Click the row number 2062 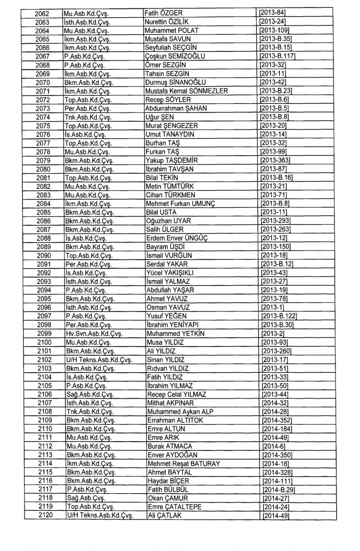click(x=42, y=13)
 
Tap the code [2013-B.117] click(x=277, y=56)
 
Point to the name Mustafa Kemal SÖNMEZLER click(x=186, y=91)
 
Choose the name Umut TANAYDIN click(x=170, y=134)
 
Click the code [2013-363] click(x=275, y=160)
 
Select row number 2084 click(x=44, y=204)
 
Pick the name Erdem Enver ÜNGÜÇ click(x=177, y=238)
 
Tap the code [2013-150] click(x=275, y=247)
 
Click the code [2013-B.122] click(x=279, y=316)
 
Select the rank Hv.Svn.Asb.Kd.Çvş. click(x=94, y=334)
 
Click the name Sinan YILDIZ click(x=166, y=360)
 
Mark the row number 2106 click(x=45, y=394)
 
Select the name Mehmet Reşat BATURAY click(x=184, y=464)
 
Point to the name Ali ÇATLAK click(x=165, y=515)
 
